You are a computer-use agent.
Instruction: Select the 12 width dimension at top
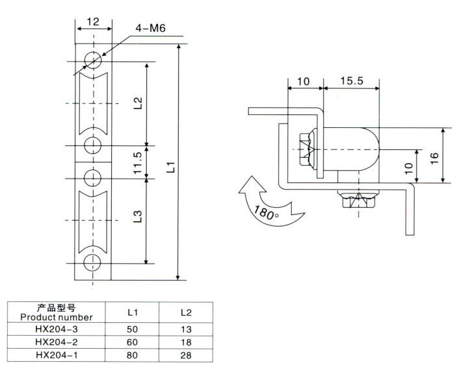92,21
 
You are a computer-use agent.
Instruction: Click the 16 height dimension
435,156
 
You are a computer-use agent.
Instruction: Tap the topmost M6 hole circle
93,63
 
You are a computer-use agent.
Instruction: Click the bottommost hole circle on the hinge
93,262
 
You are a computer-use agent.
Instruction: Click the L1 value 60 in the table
131,342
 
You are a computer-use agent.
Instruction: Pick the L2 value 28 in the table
185,355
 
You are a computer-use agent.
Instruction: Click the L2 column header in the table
185,312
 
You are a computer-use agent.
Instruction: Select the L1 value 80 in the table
131,355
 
